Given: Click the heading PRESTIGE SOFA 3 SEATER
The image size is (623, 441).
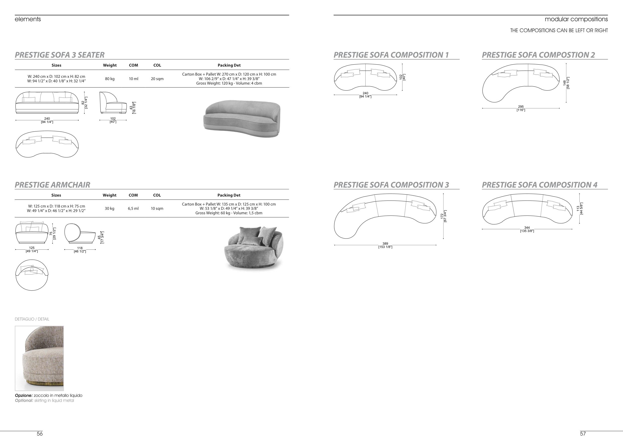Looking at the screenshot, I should (x=59, y=55).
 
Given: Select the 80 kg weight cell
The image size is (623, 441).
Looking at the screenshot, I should (x=110, y=79).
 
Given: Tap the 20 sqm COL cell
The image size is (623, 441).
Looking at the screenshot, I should (x=157, y=79).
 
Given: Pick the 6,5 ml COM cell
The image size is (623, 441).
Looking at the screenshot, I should (x=133, y=209).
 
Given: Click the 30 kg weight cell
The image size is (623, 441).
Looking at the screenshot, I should (x=109, y=209).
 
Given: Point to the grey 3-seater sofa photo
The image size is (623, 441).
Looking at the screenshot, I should (x=242, y=119).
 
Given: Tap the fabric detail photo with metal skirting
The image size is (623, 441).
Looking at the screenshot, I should (x=39, y=358).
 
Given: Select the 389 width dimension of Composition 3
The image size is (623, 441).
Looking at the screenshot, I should (x=385, y=244).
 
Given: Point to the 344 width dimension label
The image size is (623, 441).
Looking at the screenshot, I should (x=527, y=228).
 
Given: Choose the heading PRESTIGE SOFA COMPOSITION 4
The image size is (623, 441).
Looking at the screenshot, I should (x=540, y=185).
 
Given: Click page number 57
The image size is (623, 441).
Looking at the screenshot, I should (x=583, y=434).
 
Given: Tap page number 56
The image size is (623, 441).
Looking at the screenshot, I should (x=40, y=434).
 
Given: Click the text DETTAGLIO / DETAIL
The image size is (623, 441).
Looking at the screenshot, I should (x=32, y=319).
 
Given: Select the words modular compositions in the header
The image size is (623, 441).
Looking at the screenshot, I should (x=576, y=19).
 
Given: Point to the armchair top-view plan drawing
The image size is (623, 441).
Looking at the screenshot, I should (x=32, y=275).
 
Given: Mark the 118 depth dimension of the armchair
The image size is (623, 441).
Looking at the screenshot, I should (x=80, y=248).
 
